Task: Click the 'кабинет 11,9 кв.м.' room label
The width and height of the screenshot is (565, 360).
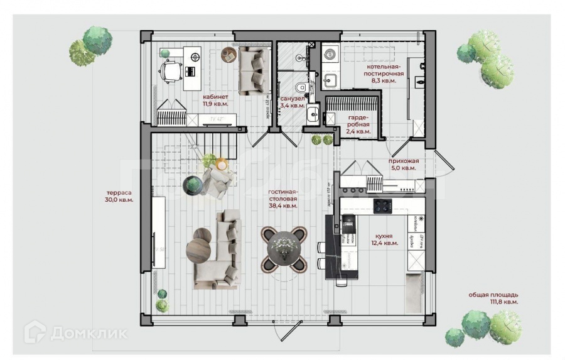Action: click(x=215, y=101)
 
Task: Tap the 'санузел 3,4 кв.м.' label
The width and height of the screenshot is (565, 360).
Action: click(x=293, y=102)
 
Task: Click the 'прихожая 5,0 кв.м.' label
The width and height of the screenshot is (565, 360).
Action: click(x=403, y=165)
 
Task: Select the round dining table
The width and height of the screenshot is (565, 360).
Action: click(x=285, y=248)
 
